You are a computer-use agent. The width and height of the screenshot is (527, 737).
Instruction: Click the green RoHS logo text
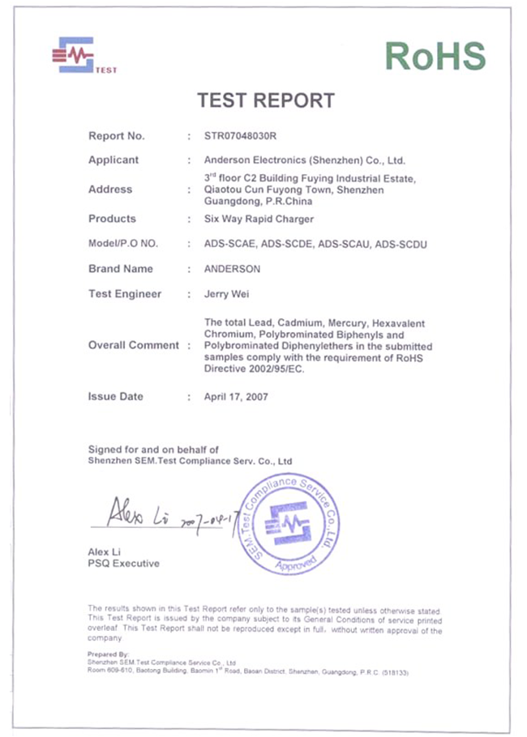[x=435, y=56]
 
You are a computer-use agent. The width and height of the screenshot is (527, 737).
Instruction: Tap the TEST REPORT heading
[x=266, y=100]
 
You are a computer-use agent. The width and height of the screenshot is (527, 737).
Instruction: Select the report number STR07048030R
[x=246, y=135]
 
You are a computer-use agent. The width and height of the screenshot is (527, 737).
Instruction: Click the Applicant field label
[x=114, y=160]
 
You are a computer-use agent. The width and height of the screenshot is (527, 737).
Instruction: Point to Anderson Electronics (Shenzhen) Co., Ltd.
[x=305, y=160]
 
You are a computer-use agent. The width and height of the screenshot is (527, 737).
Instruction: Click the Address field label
[x=110, y=190]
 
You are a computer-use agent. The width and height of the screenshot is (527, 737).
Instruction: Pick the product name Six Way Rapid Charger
[x=259, y=219]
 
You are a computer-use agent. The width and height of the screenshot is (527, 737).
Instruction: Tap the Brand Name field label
[x=121, y=269]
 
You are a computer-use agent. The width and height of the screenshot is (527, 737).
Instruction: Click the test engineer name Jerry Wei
[x=227, y=295]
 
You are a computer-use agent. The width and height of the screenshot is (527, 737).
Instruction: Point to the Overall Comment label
[x=133, y=345]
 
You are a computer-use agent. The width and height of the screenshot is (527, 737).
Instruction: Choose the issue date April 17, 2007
[x=236, y=397]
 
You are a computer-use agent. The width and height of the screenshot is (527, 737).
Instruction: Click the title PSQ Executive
[x=123, y=563]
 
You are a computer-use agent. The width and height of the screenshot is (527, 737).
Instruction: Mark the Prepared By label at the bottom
[x=107, y=653]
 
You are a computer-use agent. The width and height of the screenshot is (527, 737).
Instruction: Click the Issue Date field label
[x=115, y=397]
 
